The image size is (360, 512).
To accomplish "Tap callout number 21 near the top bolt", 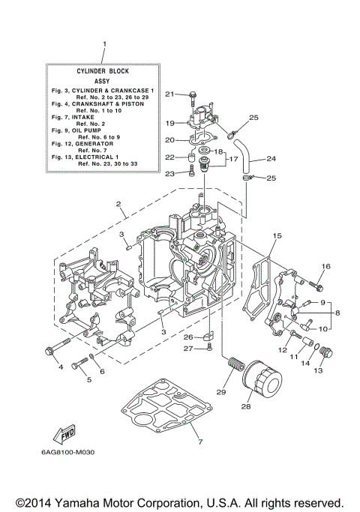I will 169,94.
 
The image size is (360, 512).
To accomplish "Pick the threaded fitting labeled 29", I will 235,372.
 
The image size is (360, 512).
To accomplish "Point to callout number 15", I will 277,236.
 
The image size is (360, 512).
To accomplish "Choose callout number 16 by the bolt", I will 326,267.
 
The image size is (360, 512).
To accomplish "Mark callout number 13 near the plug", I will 318,370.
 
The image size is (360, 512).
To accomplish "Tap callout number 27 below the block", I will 189,349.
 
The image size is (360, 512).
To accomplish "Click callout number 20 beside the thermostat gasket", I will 169,140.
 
